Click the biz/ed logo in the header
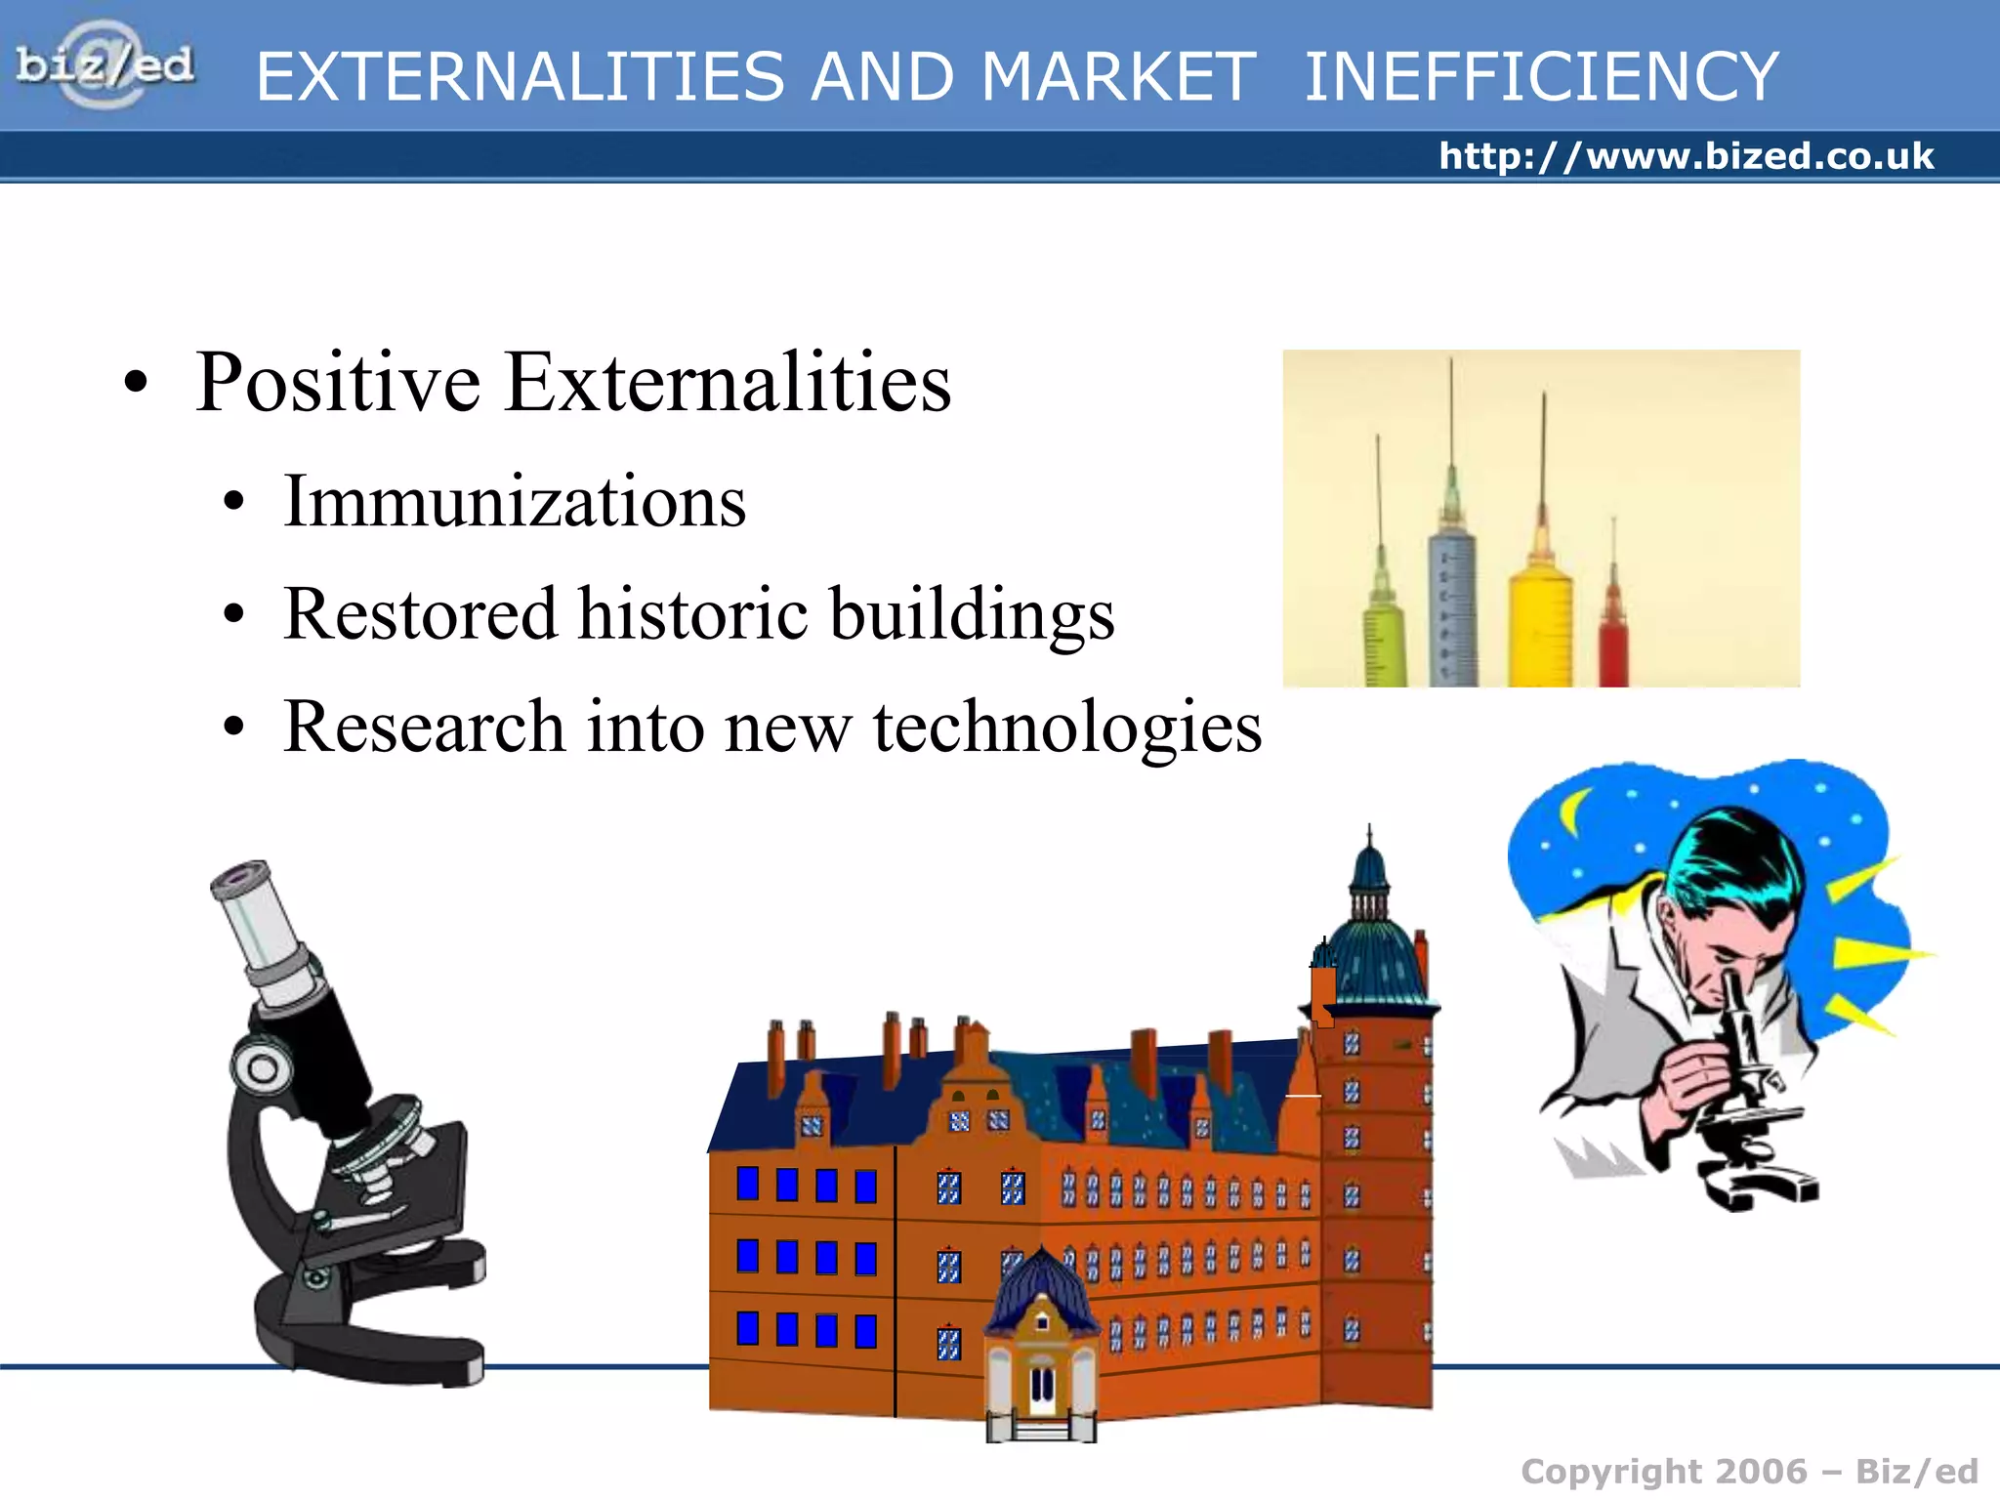click(104, 65)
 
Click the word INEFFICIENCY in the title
click(1541, 77)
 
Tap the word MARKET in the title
click(1118, 77)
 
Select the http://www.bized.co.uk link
click(1686, 156)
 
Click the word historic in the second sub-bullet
click(692, 614)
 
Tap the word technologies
click(1066, 728)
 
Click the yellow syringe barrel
click(1540, 625)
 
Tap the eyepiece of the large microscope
click(241, 879)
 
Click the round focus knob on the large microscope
click(262, 1067)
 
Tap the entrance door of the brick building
click(1042, 1387)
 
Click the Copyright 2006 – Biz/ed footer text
click(1748, 1472)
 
